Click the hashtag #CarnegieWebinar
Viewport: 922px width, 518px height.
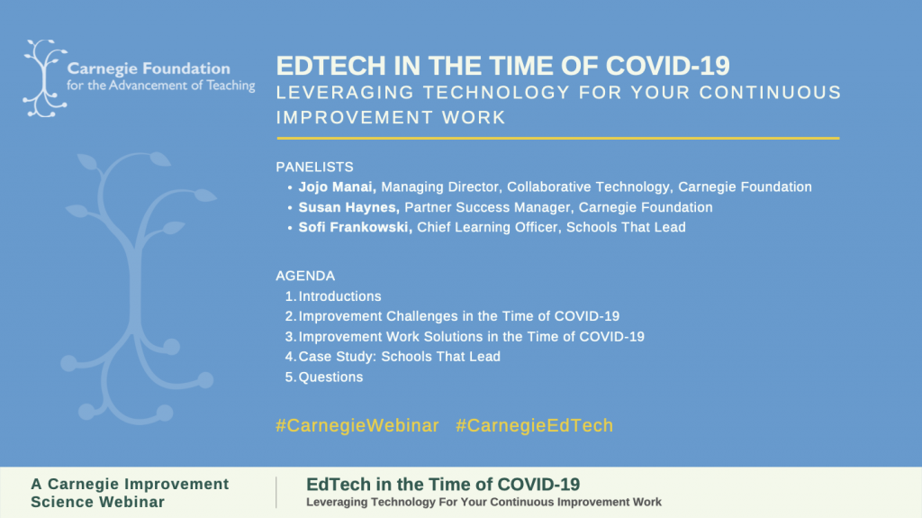[357, 425]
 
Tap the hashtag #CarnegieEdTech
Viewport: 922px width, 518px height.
[535, 425]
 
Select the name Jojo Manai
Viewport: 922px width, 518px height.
[337, 187]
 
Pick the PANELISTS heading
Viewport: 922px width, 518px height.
[314, 168]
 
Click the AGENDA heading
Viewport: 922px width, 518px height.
[305, 276]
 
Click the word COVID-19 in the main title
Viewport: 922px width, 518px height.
[668, 66]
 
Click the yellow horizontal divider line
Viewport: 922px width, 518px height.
[558, 139]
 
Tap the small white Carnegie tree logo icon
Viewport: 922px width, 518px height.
[43, 78]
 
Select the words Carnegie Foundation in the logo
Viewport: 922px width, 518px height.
[149, 68]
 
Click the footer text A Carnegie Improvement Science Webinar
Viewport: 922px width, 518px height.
[130, 493]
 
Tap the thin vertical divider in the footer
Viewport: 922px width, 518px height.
[276, 492]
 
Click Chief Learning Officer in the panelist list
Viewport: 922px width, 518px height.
[487, 227]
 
